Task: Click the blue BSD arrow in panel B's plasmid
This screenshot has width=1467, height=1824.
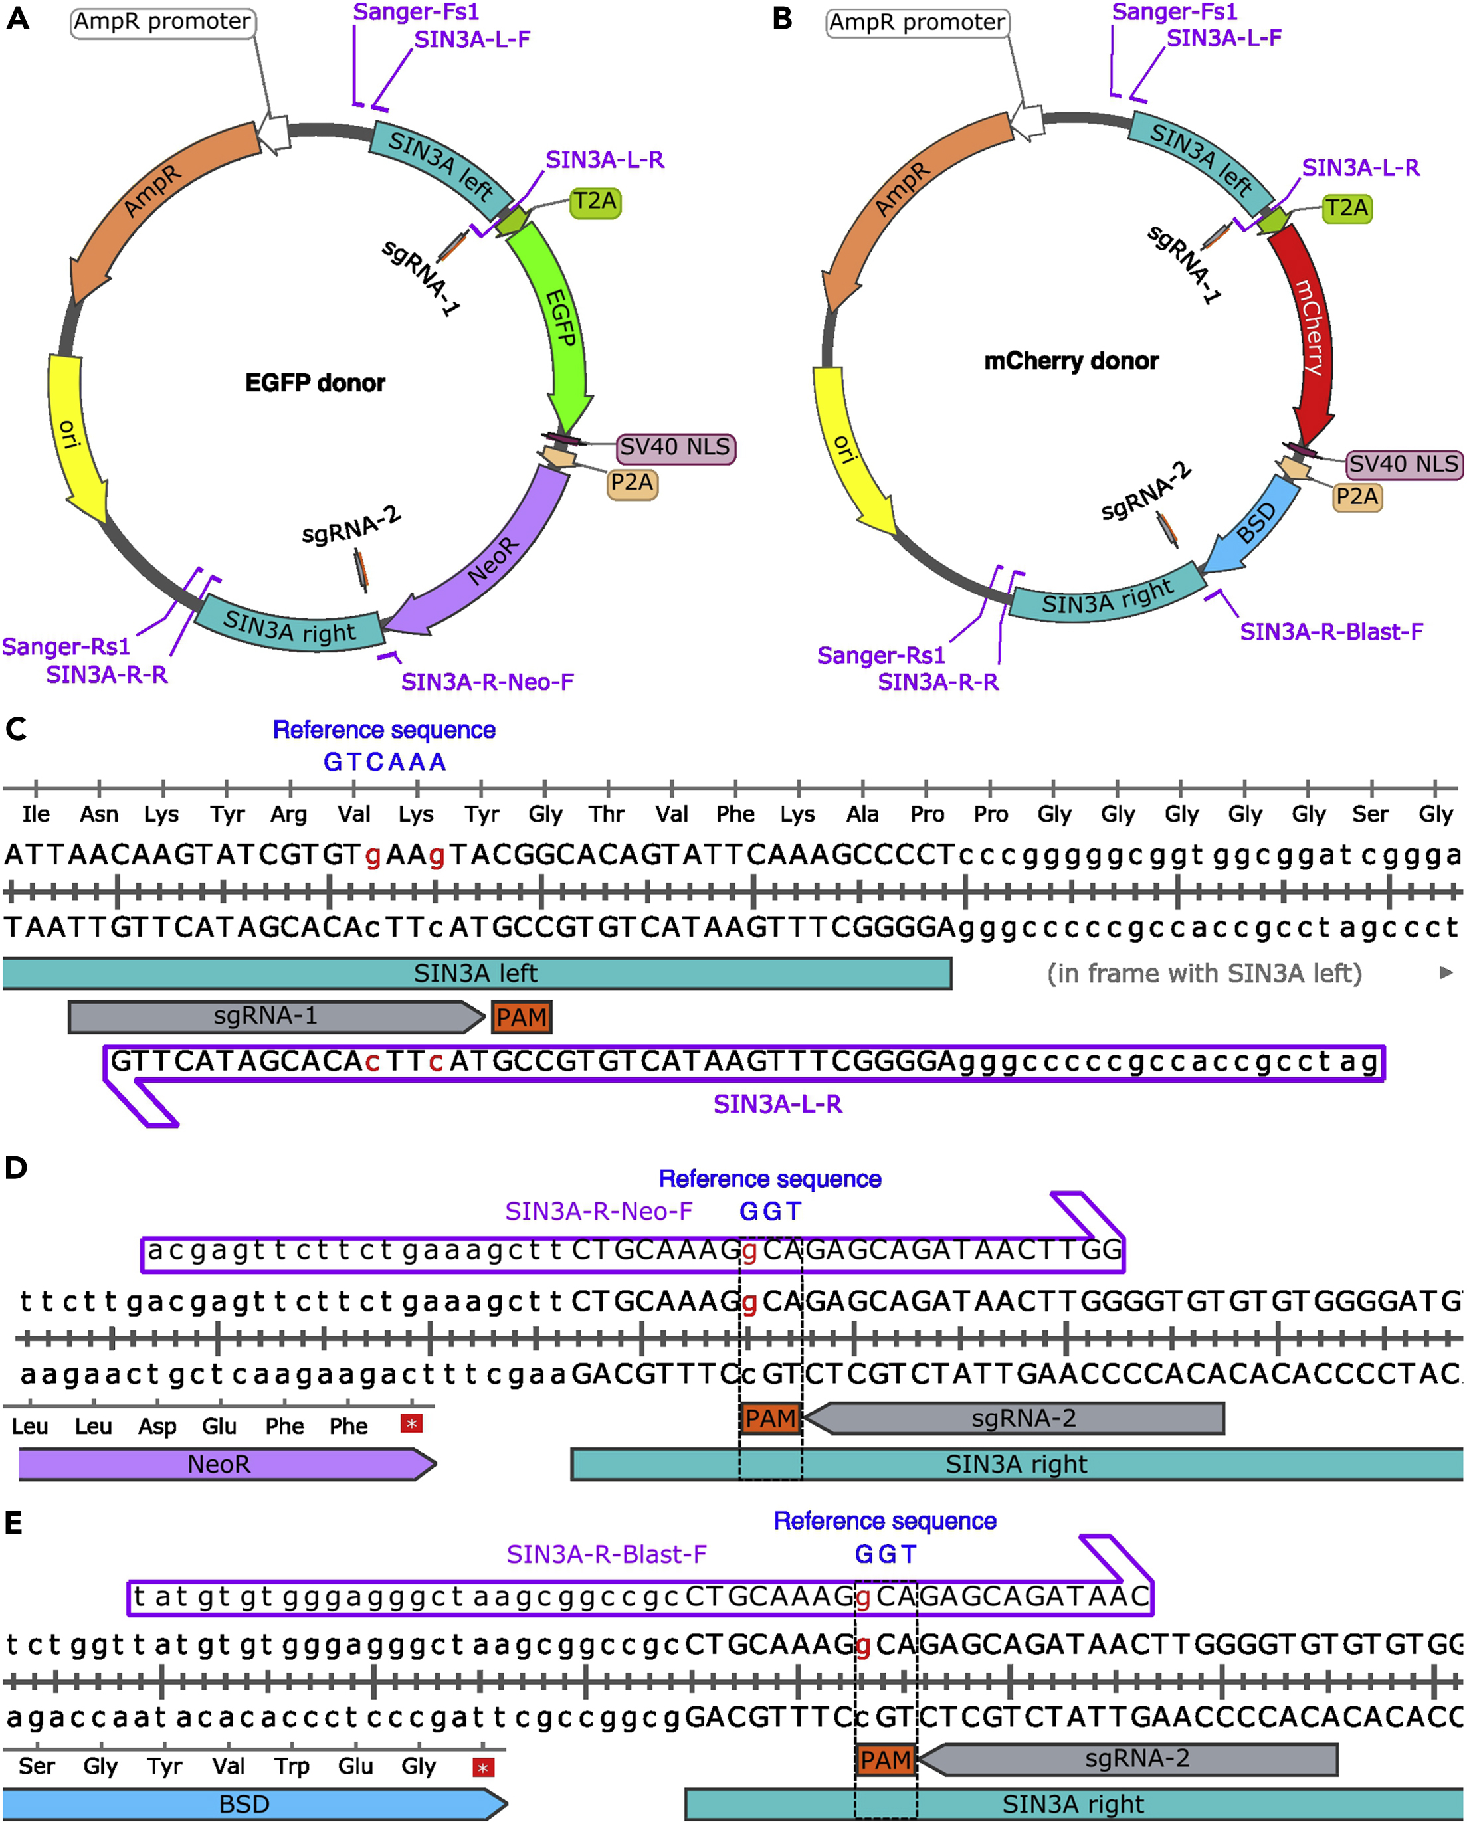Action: (x=1256, y=525)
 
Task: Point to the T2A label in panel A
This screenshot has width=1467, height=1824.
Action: (x=595, y=202)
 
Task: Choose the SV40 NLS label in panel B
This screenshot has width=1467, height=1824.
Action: (x=1403, y=464)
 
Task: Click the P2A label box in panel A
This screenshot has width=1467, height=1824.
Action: (x=632, y=483)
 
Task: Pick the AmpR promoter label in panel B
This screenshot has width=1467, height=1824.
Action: (x=917, y=22)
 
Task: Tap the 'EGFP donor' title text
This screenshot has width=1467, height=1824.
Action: (x=315, y=383)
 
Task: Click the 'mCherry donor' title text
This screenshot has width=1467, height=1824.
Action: (x=1071, y=361)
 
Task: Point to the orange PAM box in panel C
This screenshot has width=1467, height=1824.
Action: (x=521, y=1017)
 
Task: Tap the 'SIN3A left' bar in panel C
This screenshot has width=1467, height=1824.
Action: (x=476, y=974)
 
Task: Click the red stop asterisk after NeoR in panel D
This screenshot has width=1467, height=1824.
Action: (x=411, y=1424)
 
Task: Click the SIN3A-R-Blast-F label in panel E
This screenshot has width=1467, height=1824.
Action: (x=606, y=1554)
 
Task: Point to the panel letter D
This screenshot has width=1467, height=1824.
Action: (x=16, y=1168)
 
